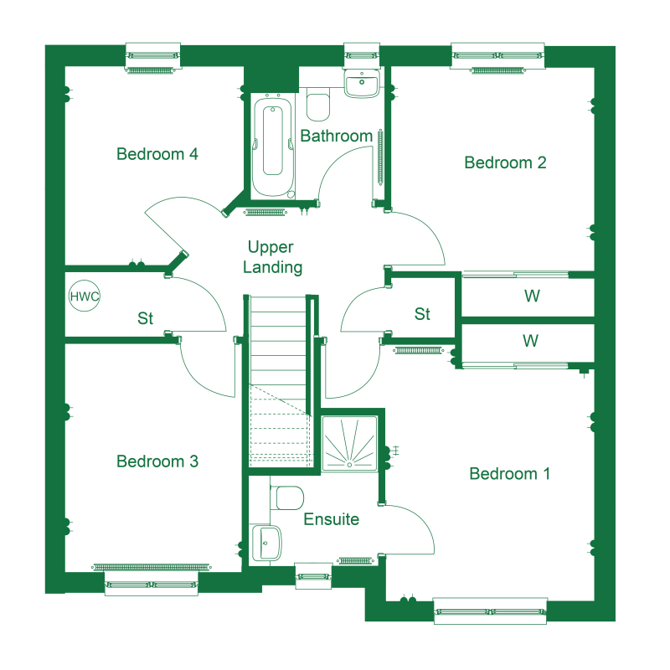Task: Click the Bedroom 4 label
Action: pyautogui.click(x=157, y=154)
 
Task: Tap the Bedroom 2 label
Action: pyautogui.click(x=505, y=162)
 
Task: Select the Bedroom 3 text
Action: pyautogui.click(x=157, y=461)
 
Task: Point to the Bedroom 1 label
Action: pyautogui.click(x=509, y=473)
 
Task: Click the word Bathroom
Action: pyautogui.click(x=337, y=136)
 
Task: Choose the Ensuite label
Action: pyautogui.click(x=331, y=519)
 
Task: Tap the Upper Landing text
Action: pyautogui.click(x=273, y=257)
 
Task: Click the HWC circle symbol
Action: pyautogui.click(x=85, y=296)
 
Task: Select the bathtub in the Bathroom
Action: pyautogui.click(x=273, y=147)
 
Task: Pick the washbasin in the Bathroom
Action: pyautogui.click(x=362, y=83)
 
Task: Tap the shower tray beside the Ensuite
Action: pyautogui.click(x=349, y=444)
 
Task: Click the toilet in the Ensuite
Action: pyautogui.click(x=286, y=497)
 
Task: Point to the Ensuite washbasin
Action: pyautogui.click(x=265, y=543)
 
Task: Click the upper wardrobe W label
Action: pyautogui.click(x=532, y=296)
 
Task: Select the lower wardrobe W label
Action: pyautogui.click(x=530, y=341)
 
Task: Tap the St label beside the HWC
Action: pyautogui.click(x=145, y=318)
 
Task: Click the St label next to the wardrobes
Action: pyautogui.click(x=422, y=313)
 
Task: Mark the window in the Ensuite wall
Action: pyautogui.click(x=313, y=576)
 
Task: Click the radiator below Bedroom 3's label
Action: pyautogui.click(x=152, y=567)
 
